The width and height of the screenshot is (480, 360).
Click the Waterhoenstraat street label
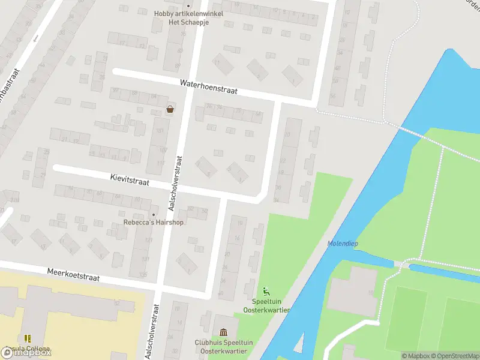tap(208, 88)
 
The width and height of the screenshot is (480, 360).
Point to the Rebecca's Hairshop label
tap(154, 223)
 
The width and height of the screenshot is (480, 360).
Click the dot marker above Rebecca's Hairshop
tap(154, 214)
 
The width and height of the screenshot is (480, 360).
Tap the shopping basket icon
tap(170, 109)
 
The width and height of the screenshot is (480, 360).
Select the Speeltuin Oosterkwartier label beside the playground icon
tap(266, 306)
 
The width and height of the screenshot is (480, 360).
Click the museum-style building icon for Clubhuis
tap(224, 332)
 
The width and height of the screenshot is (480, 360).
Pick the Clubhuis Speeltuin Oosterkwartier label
tap(224, 346)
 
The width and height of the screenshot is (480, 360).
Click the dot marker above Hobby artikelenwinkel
tap(188, 6)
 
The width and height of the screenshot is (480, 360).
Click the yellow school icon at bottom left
tap(28, 338)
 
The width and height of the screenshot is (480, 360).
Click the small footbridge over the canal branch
tap(402, 265)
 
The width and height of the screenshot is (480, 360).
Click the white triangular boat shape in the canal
tap(299, 344)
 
